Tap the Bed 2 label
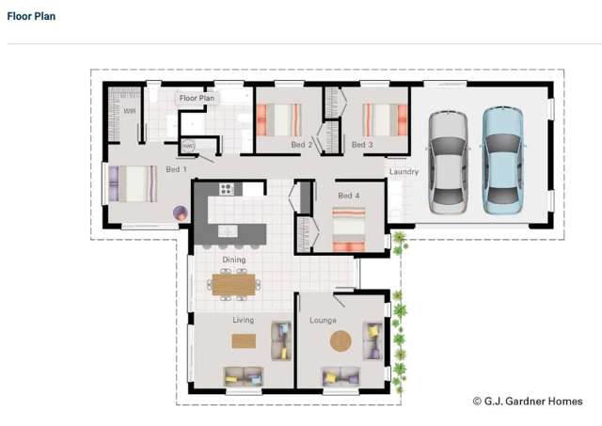click(301, 145)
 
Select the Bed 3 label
click(362, 145)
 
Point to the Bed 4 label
click(348, 196)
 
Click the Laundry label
click(403, 172)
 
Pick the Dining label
click(234, 260)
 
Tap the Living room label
click(244, 320)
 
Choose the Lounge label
click(323, 321)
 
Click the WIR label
click(130, 111)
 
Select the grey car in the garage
click(449, 162)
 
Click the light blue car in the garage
click(502, 159)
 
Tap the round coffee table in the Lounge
click(340, 341)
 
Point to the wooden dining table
click(234, 283)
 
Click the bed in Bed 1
click(131, 183)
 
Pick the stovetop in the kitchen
click(227, 189)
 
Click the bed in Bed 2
click(281, 119)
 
